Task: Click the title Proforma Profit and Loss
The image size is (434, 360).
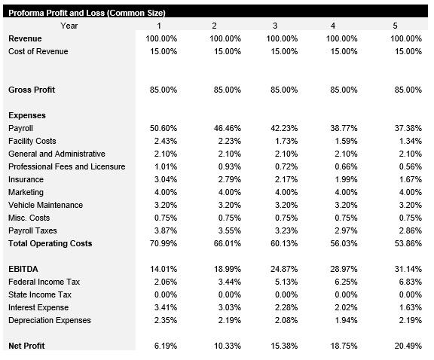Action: pyautogui.click(x=87, y=13)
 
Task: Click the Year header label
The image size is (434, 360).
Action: pyautogui.click(x=69, y=26)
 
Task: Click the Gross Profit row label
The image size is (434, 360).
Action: pyautogui.click(x=32, y=90)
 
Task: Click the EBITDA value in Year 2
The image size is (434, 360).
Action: pyautogui.click(x=225, y=269)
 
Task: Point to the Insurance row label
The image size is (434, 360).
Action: pyautogui.click(x=26, y=179)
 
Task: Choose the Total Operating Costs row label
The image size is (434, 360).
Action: pyautogui.click(x=50, y=243)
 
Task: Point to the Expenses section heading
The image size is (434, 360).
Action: pyautogui.click(x=27, y=115)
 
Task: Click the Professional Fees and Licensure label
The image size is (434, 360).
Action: pyautogui.click(x=66, y=166)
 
